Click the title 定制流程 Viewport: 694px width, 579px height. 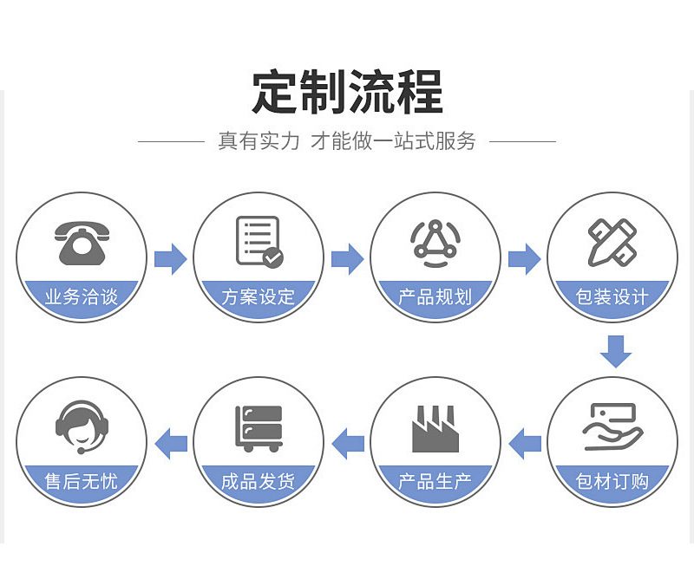(347, 91)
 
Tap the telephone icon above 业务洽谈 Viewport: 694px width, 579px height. (82, 240)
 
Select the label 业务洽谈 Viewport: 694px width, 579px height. (82, 297)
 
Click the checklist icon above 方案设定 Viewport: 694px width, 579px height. (259, 241)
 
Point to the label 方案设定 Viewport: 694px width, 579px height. (259, 297)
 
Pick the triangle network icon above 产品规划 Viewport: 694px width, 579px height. (435, 240)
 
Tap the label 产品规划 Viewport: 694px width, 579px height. (435, 297)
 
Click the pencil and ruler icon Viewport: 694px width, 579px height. (612, 241)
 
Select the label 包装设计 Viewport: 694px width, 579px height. (612, 297)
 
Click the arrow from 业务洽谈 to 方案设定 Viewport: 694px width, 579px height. (170, 258)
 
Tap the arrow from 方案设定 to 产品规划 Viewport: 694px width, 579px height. (347, 258)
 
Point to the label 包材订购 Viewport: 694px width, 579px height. (612, 481)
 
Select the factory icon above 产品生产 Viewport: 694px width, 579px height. (435, 427)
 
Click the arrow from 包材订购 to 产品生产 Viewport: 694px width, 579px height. (524, 444)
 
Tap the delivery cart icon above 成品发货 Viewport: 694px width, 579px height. (259, 427)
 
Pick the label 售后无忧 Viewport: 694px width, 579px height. (82, 481)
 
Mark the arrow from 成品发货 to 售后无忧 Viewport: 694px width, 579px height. (170, 444)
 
